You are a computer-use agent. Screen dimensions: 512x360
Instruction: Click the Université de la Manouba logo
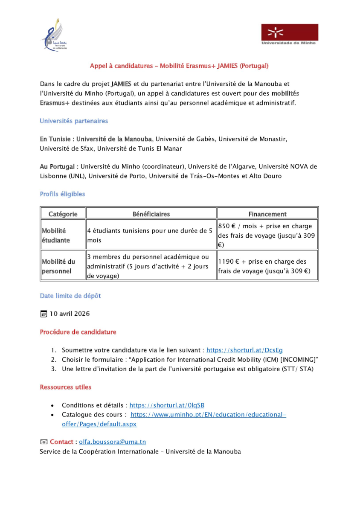(x=54, y=37)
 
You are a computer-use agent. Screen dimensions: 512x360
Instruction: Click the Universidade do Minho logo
(x=290, y=34)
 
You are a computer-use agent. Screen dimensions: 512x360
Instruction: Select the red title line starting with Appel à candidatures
(x=179, y=66)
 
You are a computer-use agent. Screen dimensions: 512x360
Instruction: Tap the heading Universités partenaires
(x=74, y=121)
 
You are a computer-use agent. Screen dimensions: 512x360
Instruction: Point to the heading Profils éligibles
(x=62, y=194)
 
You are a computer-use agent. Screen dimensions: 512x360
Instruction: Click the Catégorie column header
(x=63, y=214)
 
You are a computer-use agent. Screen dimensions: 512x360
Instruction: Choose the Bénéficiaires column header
(x=151, y=214)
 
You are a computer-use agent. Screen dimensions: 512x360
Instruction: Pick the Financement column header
(x=267, y=214)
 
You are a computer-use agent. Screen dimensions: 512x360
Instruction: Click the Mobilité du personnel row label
(x=58, y=266)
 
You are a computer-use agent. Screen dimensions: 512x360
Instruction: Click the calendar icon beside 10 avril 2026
(x=43, y=314)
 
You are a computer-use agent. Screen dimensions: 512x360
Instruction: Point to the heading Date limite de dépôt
(x=70, y=295)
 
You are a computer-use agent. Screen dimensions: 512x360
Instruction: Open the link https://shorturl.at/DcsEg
(x=244, y=350)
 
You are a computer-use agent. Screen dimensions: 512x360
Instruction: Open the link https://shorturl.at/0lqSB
(x=167, y=405)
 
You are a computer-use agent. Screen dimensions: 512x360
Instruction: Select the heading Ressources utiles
(x=66, y=387)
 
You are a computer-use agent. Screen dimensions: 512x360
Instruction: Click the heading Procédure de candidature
(x=78, y=332)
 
